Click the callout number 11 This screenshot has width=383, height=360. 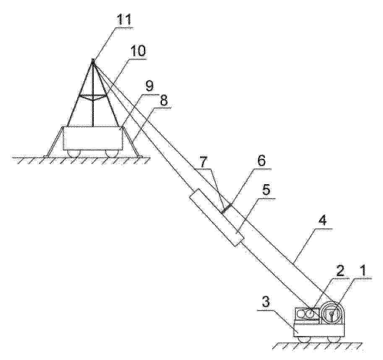click(x=124, y=20)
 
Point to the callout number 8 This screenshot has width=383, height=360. click(x=164, y=99)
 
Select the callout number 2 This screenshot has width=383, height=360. click(x=340, y=271)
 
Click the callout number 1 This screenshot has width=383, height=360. click(x=363, y=271)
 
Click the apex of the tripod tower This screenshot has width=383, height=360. click(x=93, y=60)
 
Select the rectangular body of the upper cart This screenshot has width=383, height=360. click(x=93, y=138)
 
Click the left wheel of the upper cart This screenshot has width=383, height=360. click(x=73, y=153)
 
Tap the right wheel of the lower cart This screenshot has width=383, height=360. click(x=334, y=339)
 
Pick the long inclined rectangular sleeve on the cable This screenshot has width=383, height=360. click(x=216, y=217)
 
